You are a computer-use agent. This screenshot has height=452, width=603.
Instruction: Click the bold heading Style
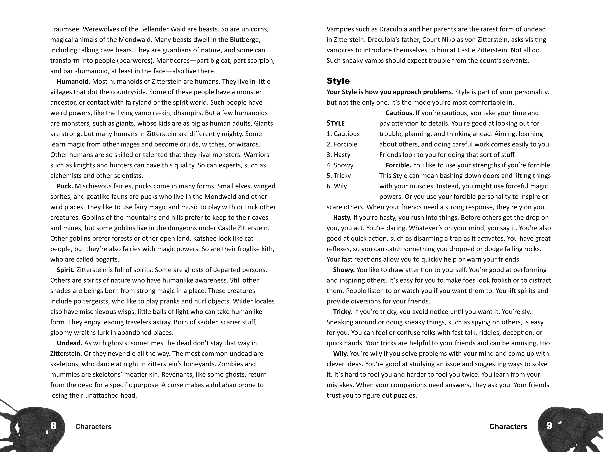click(338, 81)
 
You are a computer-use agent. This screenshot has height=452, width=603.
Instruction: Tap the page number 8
click(53, 425)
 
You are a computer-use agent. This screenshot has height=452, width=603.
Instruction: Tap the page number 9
click(549, 425)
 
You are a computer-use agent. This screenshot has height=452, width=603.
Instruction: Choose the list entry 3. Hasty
click(338, 155)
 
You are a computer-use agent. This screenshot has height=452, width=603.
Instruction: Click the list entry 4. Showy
click(340, 165)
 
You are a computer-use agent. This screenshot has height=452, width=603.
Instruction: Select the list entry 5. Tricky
click(339, 176)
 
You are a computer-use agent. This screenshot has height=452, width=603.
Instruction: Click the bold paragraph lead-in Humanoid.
click(73, 82)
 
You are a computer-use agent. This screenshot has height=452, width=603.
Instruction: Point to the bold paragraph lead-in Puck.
click(65, 186)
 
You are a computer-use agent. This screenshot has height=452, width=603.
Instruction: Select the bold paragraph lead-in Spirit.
click(66, 270)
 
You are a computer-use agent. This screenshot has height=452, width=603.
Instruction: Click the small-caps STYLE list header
click(336, 123)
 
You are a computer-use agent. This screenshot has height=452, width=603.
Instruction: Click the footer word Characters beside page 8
click(93, 427)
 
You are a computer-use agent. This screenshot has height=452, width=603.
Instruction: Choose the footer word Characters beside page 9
click(508, 427)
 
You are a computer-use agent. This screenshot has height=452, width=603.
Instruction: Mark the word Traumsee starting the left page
click(65, 29)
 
